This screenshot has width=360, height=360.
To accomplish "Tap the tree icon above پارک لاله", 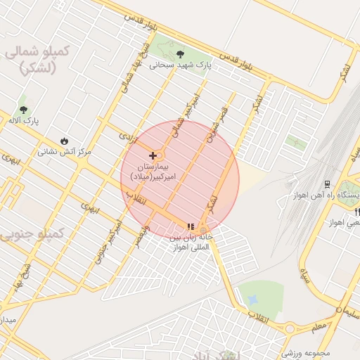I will click(24, 110).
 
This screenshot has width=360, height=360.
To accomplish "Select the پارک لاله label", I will click(24, 121).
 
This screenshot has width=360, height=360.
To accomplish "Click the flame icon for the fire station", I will click(65, 141).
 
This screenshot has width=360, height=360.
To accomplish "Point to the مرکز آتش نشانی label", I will click(65, 151).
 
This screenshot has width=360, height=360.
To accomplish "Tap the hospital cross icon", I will click(153, 155).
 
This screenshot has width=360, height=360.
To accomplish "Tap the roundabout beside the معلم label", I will click(289, 328).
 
